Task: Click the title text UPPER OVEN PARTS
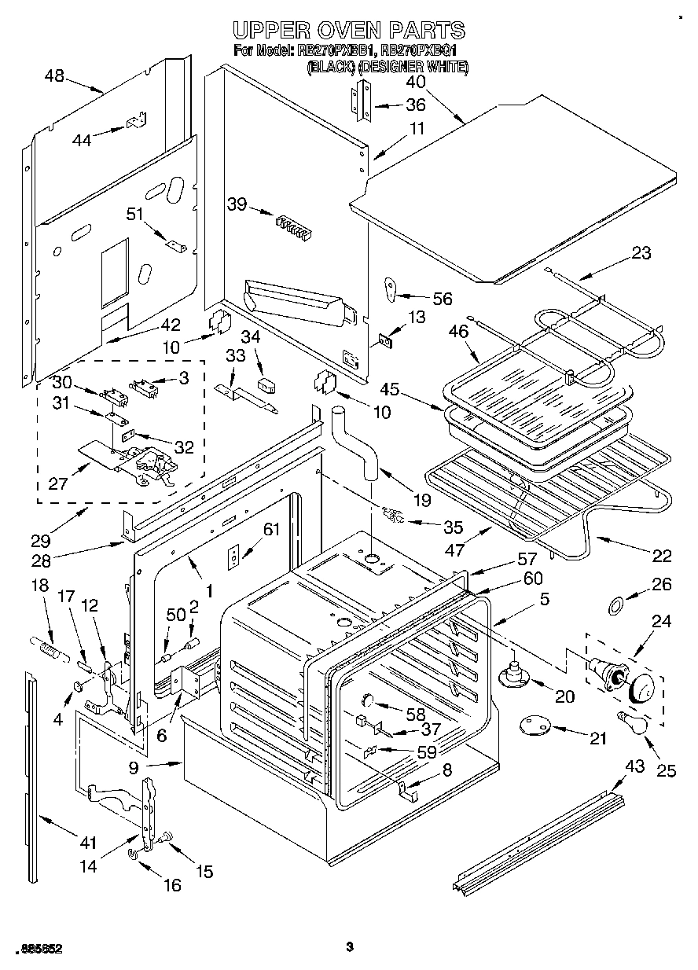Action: [x=350, y=31]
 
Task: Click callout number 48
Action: [x=54, y=76]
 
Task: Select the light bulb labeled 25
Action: [x=632, y=721]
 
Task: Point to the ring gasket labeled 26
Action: [x=617, y=605]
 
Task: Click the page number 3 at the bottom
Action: [x=348, y=946]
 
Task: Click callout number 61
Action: [x=271, y=530]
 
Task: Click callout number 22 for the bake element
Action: [x=662, y=557]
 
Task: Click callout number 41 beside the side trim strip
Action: [x=87, y=843]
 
